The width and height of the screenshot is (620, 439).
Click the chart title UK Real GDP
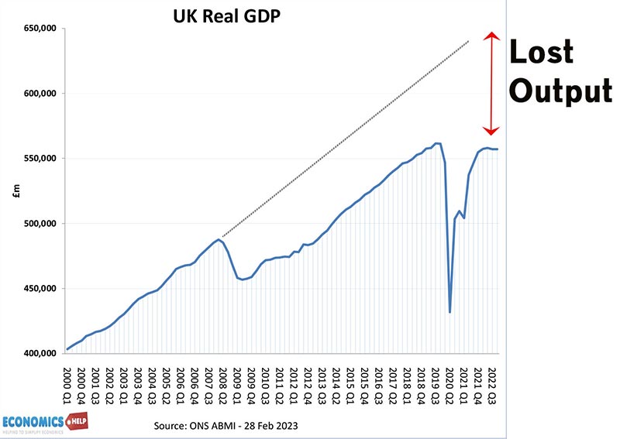(225, 15)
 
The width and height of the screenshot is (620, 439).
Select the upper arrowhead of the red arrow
(490, 36)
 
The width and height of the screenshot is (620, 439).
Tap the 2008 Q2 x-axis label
(222, 379)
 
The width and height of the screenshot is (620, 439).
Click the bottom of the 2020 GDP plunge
(450, 312)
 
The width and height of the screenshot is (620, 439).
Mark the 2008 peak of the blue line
(219, 240)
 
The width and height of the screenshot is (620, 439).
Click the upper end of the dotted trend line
(468, 41)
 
